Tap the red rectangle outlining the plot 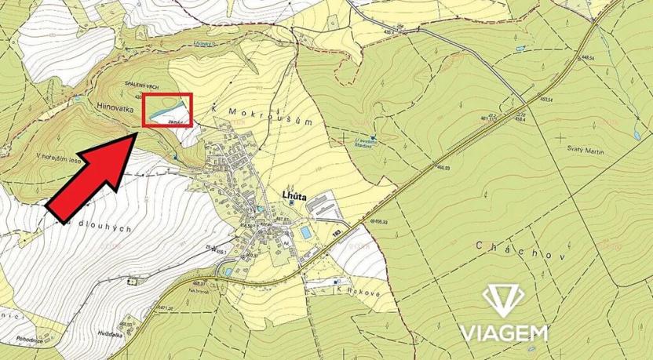click(166, 110)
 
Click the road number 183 click(337, 232)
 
